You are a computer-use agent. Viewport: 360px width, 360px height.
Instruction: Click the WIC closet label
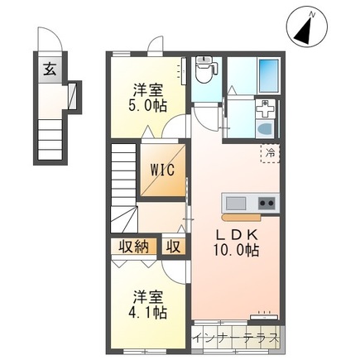(162, 170)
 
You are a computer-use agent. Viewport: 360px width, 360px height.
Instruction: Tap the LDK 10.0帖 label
(236, 242)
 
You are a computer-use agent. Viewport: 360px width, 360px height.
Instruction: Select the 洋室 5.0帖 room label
(147, 98)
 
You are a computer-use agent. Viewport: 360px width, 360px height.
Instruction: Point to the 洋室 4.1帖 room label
(147, 305)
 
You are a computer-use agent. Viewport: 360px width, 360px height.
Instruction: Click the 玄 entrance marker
(50, 70)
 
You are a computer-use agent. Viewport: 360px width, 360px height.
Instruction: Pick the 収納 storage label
(134, 247)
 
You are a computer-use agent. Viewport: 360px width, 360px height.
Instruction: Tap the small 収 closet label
(173, 247)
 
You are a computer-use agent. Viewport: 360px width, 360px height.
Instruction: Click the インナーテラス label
(236, 338)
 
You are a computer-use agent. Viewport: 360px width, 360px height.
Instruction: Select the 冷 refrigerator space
(271, 153)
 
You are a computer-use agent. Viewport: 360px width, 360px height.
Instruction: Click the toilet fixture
(204, 70)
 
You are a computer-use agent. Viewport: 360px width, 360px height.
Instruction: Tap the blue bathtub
(268, 76)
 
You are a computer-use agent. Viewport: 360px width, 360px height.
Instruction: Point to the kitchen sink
(236, 204)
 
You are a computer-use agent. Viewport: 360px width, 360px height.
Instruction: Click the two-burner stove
(267, 204)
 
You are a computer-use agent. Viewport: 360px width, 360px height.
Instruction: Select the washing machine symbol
(265, 109)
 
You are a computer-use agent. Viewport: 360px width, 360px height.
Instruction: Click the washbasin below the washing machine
(265, 128)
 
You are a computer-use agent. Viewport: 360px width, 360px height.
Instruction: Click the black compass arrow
(304, 31)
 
